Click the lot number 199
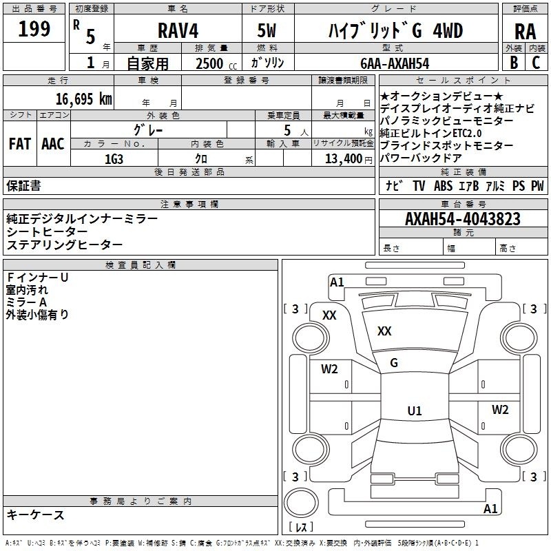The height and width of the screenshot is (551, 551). click(34, 28)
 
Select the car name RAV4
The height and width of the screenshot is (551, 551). click(178, 30)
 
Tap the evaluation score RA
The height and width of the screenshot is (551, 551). click(525, 32)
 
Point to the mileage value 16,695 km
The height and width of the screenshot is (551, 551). click(83, 98)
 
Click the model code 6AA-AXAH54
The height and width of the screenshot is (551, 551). click(395, 63)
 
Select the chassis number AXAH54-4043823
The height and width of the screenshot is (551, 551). click(462, 218)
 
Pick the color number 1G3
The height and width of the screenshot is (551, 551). click(114, 159)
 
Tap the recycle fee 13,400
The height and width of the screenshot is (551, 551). click(343, 158)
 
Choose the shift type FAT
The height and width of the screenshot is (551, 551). click(20, 144)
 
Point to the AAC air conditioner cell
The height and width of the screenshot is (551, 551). click(53, 144)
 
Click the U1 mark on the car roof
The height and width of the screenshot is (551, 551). click(415, 410)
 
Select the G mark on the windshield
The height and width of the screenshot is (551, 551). click(394, 363)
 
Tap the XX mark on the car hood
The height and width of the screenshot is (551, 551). click(384, 331)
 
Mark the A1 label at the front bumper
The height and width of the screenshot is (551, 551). click(337, 282)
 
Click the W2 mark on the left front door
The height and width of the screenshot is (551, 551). click(329, 369)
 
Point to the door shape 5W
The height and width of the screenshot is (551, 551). click(267, 30)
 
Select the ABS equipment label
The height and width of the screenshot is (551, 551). click(443, 186)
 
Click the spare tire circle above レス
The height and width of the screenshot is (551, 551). click(301, 503)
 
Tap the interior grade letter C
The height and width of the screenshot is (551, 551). click(536, 63)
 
